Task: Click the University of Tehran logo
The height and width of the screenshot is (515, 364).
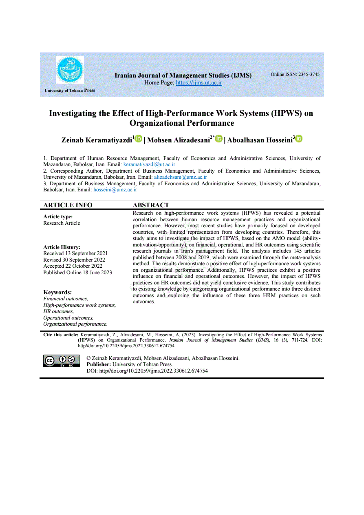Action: (x=70, y=70)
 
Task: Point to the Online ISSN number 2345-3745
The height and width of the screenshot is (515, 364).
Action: (x=295, y=74)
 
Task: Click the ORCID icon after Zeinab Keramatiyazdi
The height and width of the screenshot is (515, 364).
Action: (x=138, y=139)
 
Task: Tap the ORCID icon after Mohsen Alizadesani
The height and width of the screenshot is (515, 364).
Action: (x=218, y=139)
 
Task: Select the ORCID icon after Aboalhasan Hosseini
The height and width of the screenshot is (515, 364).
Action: (x=299, y=139)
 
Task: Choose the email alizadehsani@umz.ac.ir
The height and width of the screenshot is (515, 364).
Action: (x=181, y=177)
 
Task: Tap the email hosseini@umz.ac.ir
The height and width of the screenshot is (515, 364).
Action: (x=115, y=190)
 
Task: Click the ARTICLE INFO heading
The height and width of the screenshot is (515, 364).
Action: (x=68, y=205)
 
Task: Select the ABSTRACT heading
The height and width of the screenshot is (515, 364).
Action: (x=151, y=205)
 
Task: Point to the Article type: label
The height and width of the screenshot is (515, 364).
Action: (x=58, y=217)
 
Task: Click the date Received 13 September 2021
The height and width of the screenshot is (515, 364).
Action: (x=75, y=253)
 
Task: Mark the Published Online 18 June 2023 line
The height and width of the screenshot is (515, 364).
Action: (x=77, y=272)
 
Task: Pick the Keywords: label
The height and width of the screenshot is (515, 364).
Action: (x=57, y=292)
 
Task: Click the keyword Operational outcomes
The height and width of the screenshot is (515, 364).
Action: (x=68, y=317)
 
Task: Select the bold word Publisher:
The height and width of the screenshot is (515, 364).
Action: (x=99, y=364)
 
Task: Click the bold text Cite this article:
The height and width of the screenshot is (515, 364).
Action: (x=60, y=335)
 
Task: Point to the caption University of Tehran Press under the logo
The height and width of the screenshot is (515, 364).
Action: (x=70, y=90)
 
